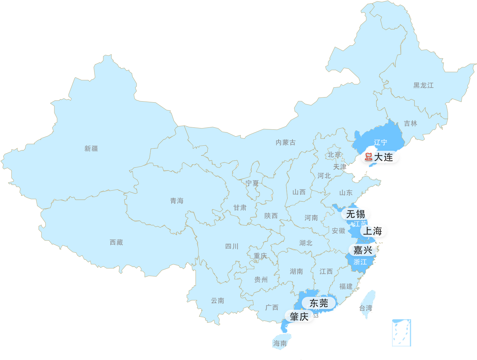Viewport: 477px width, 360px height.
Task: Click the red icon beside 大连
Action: (368, 157)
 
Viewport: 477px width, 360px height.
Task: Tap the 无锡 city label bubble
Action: (355, 214)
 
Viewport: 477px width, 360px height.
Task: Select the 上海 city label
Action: (373, 231)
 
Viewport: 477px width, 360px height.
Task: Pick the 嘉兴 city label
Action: (363, 250)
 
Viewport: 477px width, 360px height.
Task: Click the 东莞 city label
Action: (319, 303)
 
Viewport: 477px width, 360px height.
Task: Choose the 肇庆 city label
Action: (299, 317)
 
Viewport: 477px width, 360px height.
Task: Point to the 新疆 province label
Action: (91, 148)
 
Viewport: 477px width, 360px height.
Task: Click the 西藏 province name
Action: (116, 242)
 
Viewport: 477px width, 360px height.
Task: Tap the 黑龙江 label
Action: (423, 85)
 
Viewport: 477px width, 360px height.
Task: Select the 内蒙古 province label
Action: (285, 142)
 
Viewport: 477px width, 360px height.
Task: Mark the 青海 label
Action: (177, 201)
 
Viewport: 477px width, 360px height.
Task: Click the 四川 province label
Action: (232, 246)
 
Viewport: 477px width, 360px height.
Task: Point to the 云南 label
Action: (217, 301)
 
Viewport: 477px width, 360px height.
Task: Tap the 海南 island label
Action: (280, 343)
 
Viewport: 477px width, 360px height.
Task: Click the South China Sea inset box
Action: (401, 332)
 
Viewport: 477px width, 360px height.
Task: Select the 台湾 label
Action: (366, 308)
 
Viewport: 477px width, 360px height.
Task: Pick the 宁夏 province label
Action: (252, 183)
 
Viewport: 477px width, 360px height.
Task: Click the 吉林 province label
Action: (410, 123)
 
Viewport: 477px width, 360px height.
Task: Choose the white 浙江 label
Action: (360, 262)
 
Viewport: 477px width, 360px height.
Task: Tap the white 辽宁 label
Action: (380, 142)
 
